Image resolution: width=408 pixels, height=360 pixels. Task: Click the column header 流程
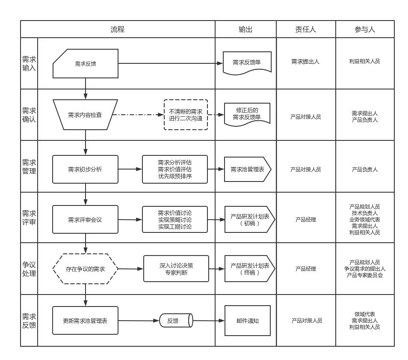[x=118, y=30]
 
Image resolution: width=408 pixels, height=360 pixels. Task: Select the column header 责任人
[x=306, y=30]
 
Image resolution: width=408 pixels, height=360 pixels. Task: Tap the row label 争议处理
[x=29, y=269]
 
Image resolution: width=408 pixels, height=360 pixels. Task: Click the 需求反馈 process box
[x=86, y=63]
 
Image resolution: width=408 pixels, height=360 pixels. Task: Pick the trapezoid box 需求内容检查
[x=86, y=115]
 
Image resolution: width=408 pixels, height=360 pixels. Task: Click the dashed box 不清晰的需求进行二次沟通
[x=186, y=115]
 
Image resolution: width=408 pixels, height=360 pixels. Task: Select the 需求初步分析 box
[x=86, y=170]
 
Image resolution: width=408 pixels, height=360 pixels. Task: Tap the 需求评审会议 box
[x=86, y=220]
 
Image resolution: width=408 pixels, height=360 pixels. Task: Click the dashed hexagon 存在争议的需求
[x=86, y=269]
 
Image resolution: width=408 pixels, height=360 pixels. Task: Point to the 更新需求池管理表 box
[x=86, y=321]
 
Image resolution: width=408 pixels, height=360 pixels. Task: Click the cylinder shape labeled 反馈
[x=176, y=321]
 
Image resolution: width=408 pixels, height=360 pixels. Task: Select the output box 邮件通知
[x=248, y=321]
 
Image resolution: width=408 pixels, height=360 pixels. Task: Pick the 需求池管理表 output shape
[x=248, y=170]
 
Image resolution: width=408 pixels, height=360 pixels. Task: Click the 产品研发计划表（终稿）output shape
[x=250, y=269]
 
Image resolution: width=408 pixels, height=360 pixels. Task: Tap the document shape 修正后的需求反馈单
[x=247, y=114]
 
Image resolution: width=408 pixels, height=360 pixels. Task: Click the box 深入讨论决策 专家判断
[x=176, y=269]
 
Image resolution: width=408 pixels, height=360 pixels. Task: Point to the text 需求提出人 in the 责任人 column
[x=305, y=62]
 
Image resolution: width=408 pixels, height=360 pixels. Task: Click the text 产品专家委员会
[x=365, y=275]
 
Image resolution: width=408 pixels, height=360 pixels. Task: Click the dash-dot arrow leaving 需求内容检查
[x=138, y=115]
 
